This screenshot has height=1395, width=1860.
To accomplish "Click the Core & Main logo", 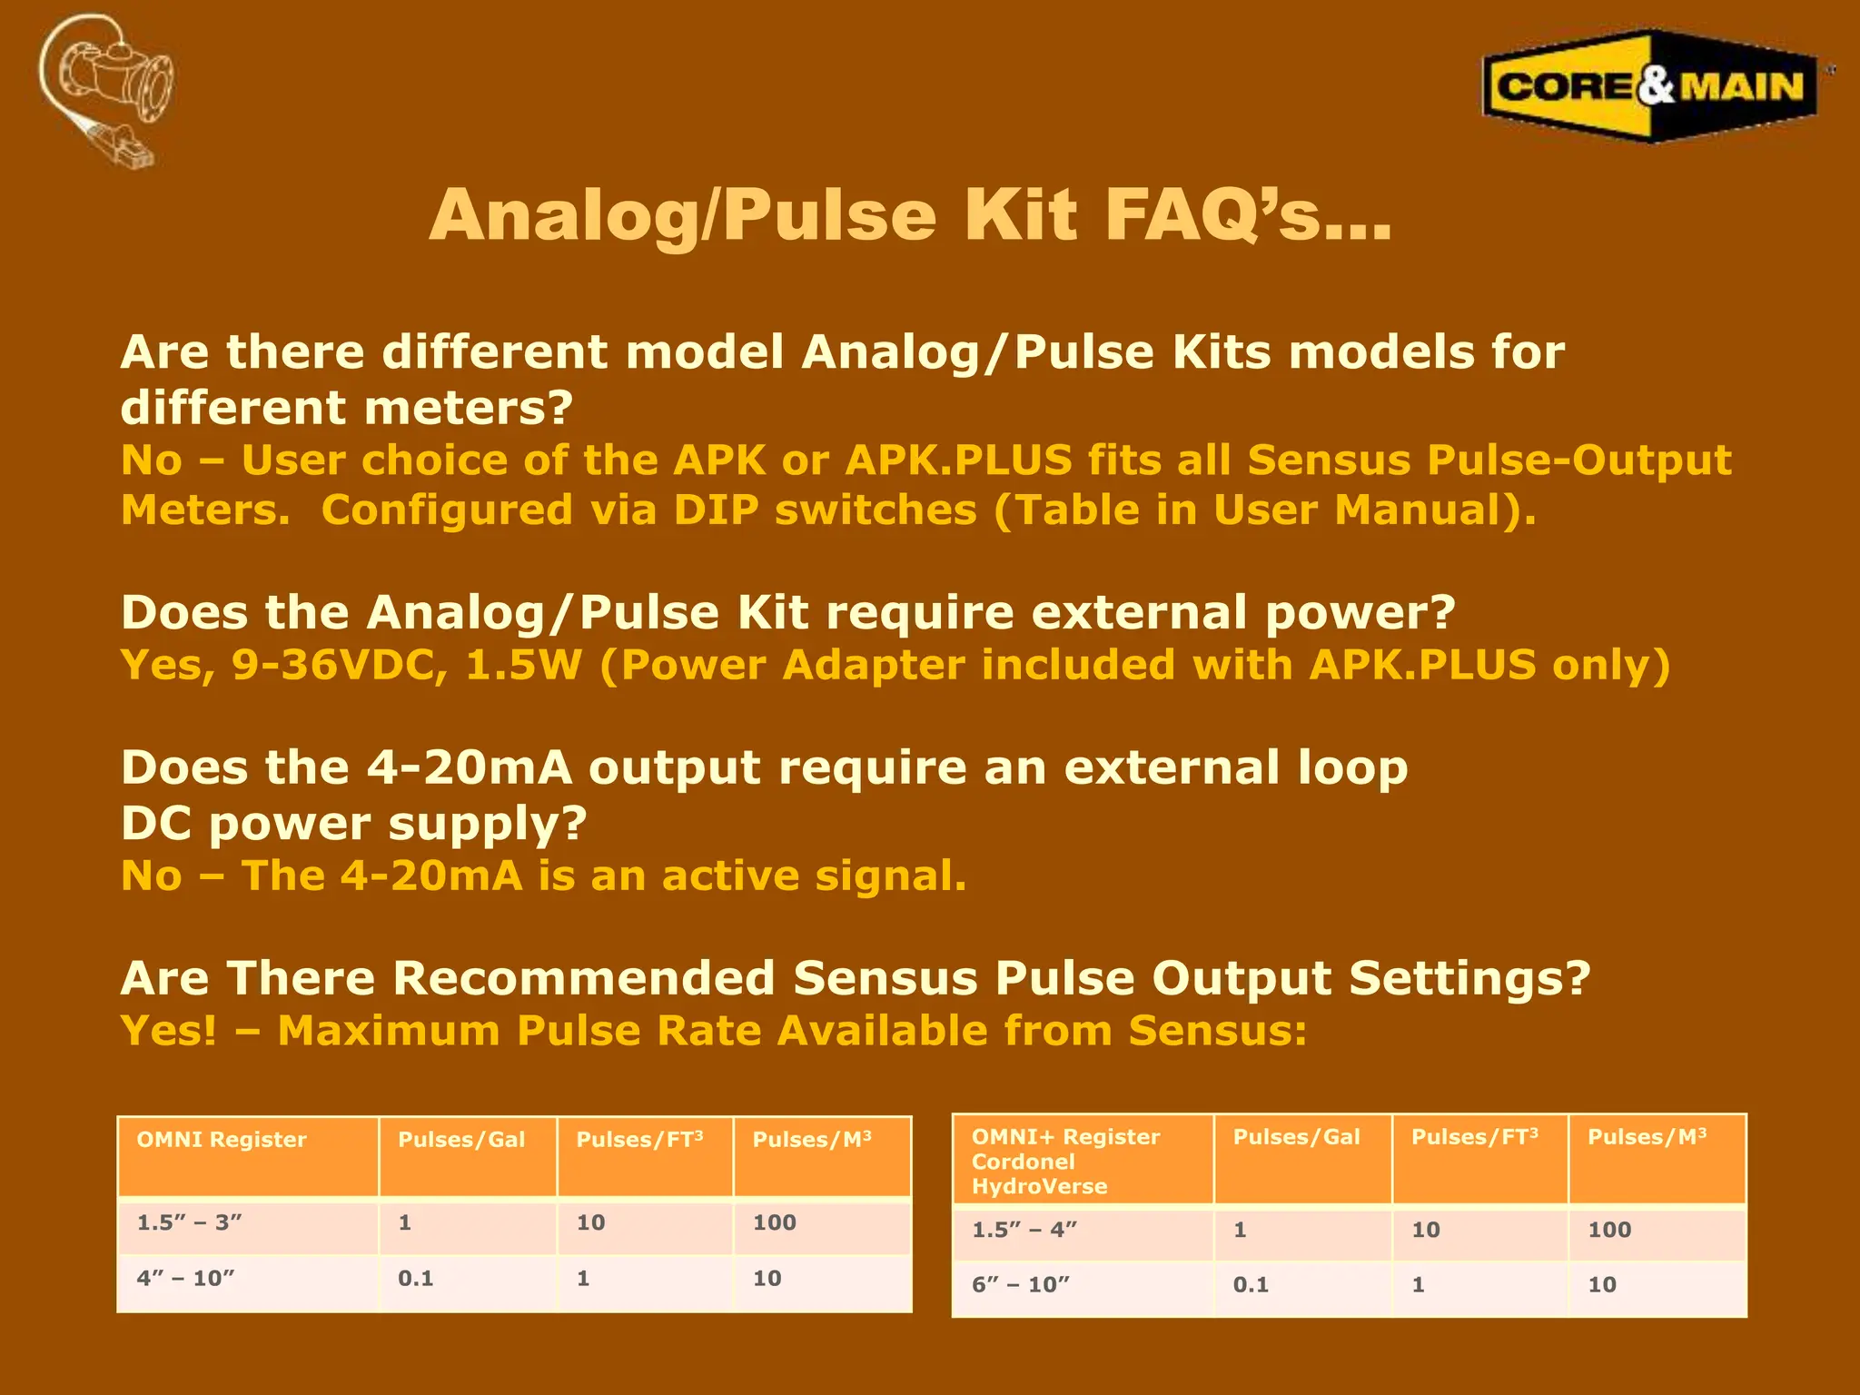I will point(1649,86).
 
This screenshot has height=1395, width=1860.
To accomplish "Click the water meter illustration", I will point(107,89).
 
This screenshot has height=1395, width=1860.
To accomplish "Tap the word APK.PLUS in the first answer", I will point(959,460).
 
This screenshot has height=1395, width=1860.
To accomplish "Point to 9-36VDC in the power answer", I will point(340,666).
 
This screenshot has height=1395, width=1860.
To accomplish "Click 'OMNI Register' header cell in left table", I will point(222,1140).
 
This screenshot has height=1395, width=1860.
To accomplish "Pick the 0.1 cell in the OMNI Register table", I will point(415,1279).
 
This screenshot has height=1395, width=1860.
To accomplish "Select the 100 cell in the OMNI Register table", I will point(774,1223).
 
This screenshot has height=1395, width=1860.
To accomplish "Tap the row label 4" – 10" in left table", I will point(185,1279).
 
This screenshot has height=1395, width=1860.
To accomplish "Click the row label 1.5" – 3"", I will point(189,1223).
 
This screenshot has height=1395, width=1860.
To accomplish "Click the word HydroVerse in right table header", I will point(1039,1187).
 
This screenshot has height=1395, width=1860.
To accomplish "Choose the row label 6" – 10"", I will point(1020,1285).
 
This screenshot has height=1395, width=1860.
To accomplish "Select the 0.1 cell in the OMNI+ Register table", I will point(1251,1285).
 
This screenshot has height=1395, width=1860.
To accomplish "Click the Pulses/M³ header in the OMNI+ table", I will point(1647,1137).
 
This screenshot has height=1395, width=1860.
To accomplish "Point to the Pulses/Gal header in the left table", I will point(461,1140).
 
